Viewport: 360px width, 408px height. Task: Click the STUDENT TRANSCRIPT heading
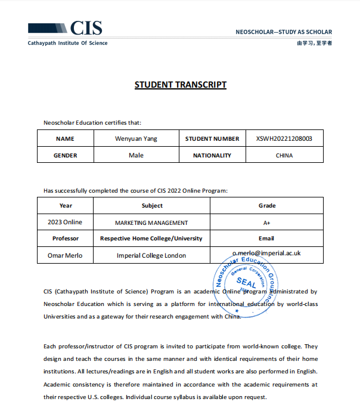pyautogui.click(x=180, y=84)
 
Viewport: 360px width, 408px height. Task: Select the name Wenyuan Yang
pyautogui.click(x=136, y=138)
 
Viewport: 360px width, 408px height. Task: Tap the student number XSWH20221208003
pyautogui.click(x=284, y=138)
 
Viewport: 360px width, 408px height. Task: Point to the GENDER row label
pyautogui.click(x=65, y=155)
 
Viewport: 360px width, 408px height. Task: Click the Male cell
pyautogui.click(x=136, y=155)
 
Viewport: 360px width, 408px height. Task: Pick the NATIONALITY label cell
pyautogui.click(x=212, y=155)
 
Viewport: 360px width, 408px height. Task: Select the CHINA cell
pyautogui.click(x=284, y=155)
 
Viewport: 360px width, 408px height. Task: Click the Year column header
pyautogui.click(x=66, y=206)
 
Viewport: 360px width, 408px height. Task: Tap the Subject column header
pyautogui.click(x=151, y=206)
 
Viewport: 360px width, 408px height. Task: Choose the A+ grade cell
pyautogui.click(x=266, y=222)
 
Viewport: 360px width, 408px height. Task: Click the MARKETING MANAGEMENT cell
pyautogui.click(x=151, y=222)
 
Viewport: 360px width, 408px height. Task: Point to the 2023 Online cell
pyautogui.click(x=66, y=222)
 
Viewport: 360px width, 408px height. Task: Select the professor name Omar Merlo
pyautogui.click(x=66, y=255)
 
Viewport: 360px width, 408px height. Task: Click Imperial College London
pyautogui.click(x=151, y=255)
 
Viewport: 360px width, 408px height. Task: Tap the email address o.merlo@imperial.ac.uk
pyautogui.click(x=266, y=253)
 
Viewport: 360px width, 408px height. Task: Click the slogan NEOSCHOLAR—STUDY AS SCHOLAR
pyautogui.click(x=284, y=32)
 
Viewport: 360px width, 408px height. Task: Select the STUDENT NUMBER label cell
pyautogui.click(x=212, y=138)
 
